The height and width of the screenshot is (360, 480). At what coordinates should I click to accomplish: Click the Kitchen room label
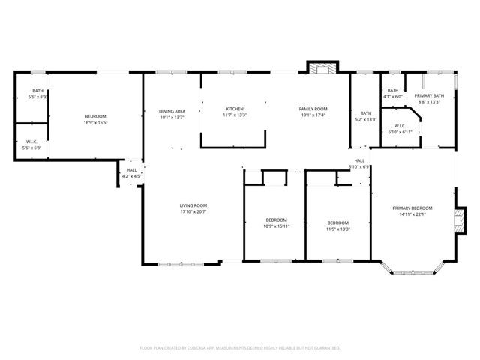pyautogui.click(x=234, y=109)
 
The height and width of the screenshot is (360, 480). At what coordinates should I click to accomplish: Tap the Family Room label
pyautogui.click(x=313, y=109)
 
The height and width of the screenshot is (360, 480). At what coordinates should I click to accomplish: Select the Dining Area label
pyautogui.click(x=171, y=111)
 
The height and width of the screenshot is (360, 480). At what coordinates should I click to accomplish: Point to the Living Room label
pyautogui.click(x=193, y=205)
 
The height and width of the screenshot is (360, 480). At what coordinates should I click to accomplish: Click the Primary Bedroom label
pyautogui.click(x=412, y=208)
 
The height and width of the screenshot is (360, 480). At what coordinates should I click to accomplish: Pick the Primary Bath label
pyautogui.click(x=429, y=96)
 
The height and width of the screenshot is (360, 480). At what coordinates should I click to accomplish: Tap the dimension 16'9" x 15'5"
pyautogui.click(x=95, y=122)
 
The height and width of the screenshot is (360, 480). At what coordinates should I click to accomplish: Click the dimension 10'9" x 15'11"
pyautogui.click(x=275, y=226)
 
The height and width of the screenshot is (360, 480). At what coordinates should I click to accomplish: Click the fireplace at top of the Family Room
pyautogui.click(x=322, y=68)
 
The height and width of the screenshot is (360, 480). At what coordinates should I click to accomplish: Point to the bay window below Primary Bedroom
pyautogui.click(x=414, y=269)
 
